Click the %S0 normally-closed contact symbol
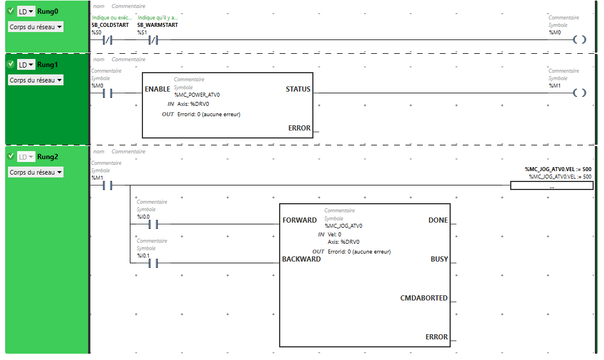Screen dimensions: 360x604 106,40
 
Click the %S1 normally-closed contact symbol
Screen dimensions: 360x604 153,40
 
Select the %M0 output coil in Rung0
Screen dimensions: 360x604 579,40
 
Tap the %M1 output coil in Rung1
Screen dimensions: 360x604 579,93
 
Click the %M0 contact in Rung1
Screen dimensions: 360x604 106,93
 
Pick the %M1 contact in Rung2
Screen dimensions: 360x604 106,185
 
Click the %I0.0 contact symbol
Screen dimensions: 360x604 153,224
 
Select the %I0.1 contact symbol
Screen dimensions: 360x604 153,263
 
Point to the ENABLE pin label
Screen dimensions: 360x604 157,89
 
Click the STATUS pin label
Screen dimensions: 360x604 298,89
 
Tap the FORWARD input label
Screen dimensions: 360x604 299,220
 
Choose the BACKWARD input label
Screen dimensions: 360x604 301,259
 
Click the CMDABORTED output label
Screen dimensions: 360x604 424,298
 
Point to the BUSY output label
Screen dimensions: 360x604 439,259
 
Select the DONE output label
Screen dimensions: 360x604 438,220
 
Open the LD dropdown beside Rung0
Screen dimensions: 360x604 26,11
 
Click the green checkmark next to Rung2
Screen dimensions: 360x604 10,156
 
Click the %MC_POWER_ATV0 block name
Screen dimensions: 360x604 197,95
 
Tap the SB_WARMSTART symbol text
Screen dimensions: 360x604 157,25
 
